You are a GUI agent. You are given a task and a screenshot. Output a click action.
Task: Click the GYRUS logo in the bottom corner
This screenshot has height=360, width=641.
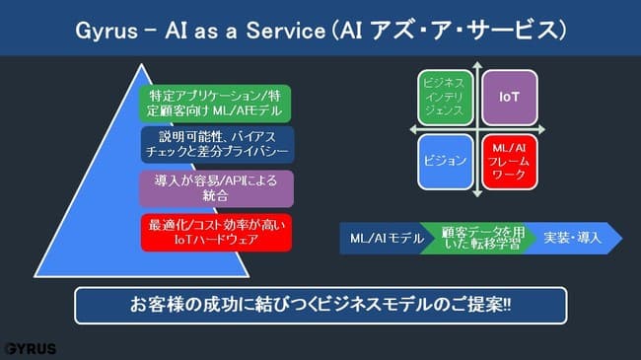coord(30,348)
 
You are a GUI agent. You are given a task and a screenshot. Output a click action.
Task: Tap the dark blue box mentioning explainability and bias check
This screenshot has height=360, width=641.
coord(215,143)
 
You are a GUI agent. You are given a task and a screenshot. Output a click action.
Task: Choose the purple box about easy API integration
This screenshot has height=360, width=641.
coord(215,187)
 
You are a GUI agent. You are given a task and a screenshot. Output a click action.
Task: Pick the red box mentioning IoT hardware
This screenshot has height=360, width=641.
coord(215,231)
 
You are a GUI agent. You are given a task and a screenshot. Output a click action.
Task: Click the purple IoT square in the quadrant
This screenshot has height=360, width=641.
coord(509,97)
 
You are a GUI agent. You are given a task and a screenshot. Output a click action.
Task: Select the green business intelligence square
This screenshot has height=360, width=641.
coord(445,97)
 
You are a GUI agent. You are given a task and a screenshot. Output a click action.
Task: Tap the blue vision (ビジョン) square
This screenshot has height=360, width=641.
coord(445,160)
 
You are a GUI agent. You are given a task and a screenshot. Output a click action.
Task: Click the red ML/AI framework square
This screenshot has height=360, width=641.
coord(509,160)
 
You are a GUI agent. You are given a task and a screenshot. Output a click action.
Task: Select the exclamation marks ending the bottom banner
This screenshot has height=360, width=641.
coord(506,306)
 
